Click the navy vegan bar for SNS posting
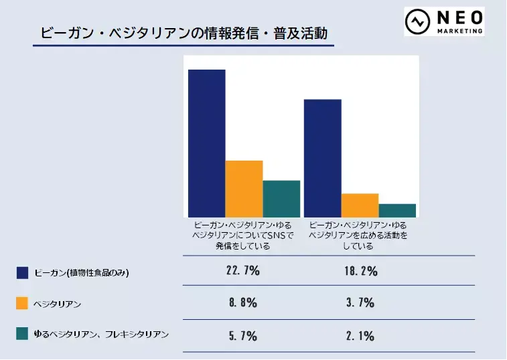click(x=206, y=143)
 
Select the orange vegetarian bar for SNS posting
click(x=244, y=189)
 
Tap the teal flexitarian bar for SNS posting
click(x=281, y=199)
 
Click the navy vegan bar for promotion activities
click(x=322, y=158)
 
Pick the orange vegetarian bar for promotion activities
click(x=360, y=205)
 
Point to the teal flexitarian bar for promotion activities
click(x=397, y=210)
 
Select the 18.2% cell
click(x=360, y=271)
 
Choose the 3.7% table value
click(x=360, y=302)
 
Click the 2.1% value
click(x=360, y=336)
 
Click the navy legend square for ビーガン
click(x=22, y=272)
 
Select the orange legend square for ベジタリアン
click(x=22, y=303)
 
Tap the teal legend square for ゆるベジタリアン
click(x=22, y=333)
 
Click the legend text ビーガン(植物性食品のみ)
click(x=81, y=272)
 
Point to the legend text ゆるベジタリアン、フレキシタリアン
click(x=101, y=333)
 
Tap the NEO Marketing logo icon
click(x=419, y=22)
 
